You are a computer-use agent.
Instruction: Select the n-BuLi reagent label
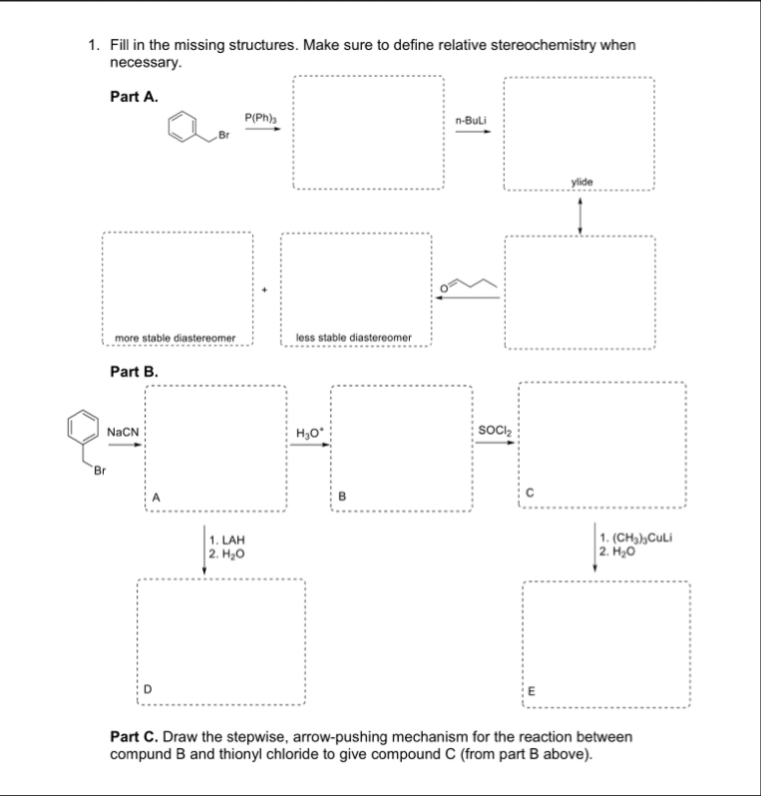[470, 120]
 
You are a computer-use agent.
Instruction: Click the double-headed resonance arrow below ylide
[580, 211]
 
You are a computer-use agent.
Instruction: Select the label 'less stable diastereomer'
[355, 338]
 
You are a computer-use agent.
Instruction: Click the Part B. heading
[134, 372]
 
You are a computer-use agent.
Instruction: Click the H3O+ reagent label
[309, 431]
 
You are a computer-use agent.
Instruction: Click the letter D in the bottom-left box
[148, 687]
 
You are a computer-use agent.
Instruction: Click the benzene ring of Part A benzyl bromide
[182, 126]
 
